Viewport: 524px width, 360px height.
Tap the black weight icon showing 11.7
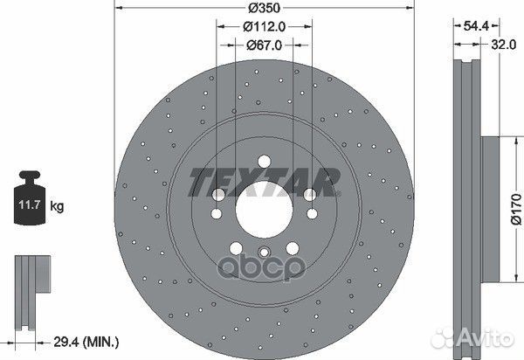tap(28, 204)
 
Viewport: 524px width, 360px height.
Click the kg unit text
tap(58, 207)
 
